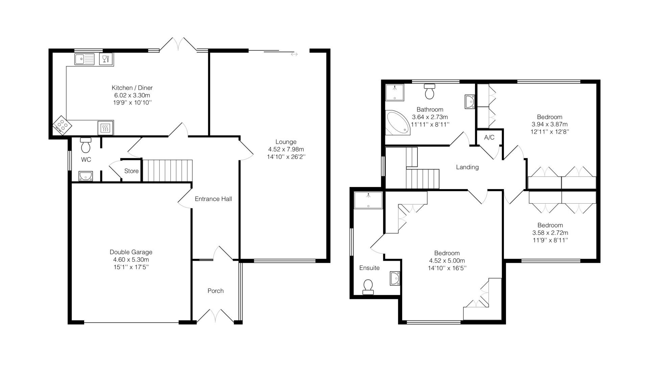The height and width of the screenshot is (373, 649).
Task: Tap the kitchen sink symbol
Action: pyautogui.click(x=85, y=59)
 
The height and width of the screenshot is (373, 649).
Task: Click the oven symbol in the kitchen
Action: pyautogui.click(x=105, y=128)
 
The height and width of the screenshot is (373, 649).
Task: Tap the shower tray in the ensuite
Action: pyautogui.click(x=368, y=200)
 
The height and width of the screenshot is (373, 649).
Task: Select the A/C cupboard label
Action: pyautogui.click(x=489, y=137)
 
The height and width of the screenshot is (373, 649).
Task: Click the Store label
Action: pyautogui.click(x=131, y=171)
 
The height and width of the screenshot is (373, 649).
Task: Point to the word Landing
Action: pyautogui.click(x=467, y=167)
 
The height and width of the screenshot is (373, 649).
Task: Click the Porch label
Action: pyautogui.click(x=216, y=291)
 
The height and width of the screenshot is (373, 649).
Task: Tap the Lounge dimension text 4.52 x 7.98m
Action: pyautogui.click(x=286, y=149)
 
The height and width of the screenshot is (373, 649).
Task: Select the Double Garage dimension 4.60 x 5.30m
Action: pyautogui.click(x=131, y=260)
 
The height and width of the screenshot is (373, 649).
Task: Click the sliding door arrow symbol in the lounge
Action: pyautogui.click(x=294, y=54)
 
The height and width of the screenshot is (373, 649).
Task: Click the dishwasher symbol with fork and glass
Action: pyautogui.click(x=106, y=59)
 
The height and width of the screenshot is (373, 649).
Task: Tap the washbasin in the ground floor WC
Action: pyautogui.click(x=86, y=176)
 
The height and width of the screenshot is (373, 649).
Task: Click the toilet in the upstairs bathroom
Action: pyautogui.click(x=430, y=91)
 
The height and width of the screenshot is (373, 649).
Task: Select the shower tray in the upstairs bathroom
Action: pyautogui.click(x=395, y=92)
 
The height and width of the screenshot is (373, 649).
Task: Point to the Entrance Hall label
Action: pyautogui.click(x=213, y=199)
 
